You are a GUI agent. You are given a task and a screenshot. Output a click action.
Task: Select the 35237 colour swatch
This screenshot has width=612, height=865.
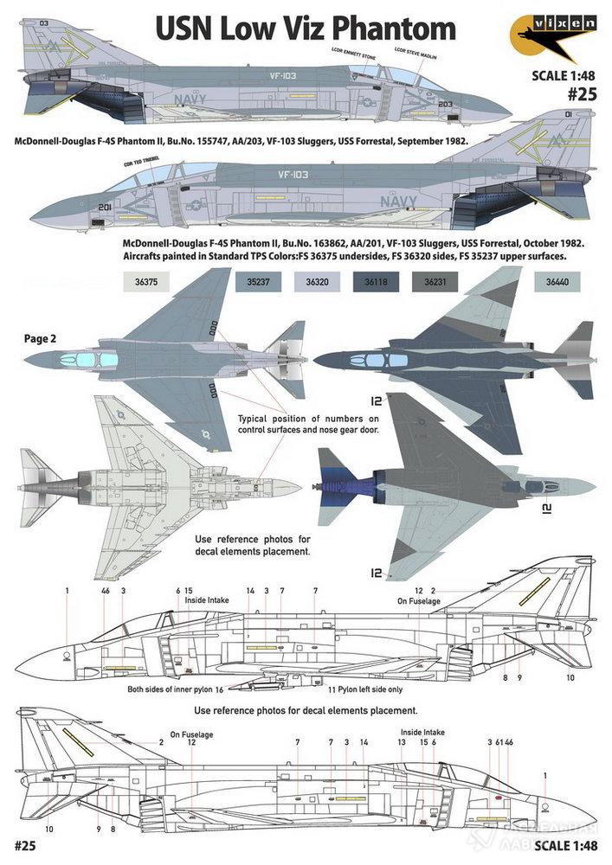pos(257,282)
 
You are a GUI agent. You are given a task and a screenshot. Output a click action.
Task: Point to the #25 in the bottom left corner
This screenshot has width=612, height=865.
pos(24,843)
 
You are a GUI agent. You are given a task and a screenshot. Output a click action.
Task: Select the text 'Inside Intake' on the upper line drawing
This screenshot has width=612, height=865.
pos(203,599)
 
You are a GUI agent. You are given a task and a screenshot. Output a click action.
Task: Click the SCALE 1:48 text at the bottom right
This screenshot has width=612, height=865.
pos(565,844)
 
